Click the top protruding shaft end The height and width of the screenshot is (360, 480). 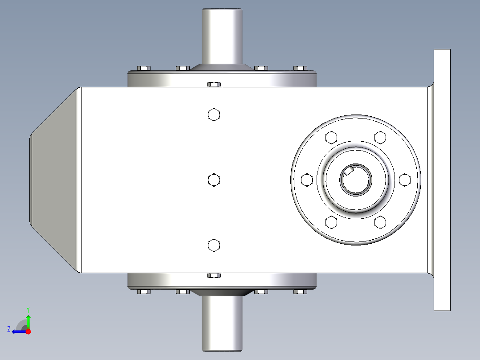tap(222, 36)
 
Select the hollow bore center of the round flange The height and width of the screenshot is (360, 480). tap(356, 180)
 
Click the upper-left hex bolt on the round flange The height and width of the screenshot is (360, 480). tap(331, 137)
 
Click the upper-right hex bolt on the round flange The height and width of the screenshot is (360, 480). tap(380, 137)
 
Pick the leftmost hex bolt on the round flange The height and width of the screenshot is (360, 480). tap(306, 180)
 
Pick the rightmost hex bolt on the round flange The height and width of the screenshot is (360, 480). tap(404, 180)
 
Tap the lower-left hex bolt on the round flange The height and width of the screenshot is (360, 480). tap(331, 222)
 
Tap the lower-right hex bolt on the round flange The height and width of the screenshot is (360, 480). tap(380, 222)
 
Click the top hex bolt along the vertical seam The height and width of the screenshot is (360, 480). tap(214, 115)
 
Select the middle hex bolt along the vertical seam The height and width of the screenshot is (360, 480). tap(214, 180)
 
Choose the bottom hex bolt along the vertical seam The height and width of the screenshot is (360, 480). tap(214, 245)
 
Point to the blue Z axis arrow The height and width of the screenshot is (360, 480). tap(17, 331)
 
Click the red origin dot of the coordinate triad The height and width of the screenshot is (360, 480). tap(28, 331)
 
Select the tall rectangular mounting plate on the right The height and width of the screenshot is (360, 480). tap(442, 180)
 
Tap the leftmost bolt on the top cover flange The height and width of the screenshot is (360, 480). tap(143, 68)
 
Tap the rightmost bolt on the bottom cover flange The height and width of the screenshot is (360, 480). tap(301, 292)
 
